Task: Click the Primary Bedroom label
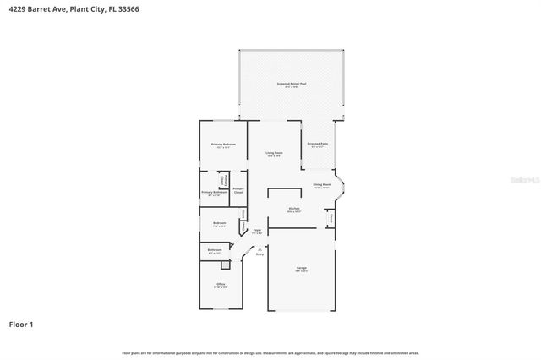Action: click(223, 145)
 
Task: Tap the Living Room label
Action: click(274, 153)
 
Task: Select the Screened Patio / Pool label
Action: click(292, 85)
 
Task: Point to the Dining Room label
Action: click(321, 184)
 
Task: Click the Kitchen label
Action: click(294, 209)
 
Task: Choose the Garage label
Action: click(301, 269)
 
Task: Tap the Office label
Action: click(221, 284)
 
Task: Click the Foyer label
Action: click(257, 229)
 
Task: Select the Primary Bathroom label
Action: click(214, 193)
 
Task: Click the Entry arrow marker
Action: click(260, 247)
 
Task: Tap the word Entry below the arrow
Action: click(260, 254)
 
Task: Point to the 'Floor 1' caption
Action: click(22, 324)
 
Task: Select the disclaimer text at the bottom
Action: click(270, 352)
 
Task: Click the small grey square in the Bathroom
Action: click(225, 264)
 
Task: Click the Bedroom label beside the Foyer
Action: click(218, 224)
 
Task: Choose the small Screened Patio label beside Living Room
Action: click(318, 145)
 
